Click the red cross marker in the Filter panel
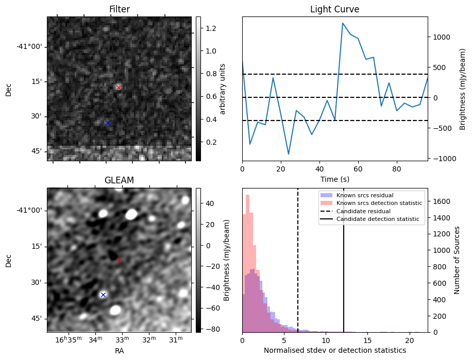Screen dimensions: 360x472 (119, 88)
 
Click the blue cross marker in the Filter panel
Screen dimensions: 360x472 (108, 123)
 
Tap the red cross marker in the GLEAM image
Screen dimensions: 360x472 (119, 260)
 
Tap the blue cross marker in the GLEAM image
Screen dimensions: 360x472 (103, 295)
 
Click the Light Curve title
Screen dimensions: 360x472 (334, 9)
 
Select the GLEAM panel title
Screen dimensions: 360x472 (119, 180)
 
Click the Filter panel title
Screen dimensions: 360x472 (119, 9)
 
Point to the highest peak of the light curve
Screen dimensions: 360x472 (343, 23)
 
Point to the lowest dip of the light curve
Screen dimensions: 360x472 (289, 154)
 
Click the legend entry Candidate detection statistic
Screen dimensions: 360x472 (377, 220)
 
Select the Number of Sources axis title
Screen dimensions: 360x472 (457, 260)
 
